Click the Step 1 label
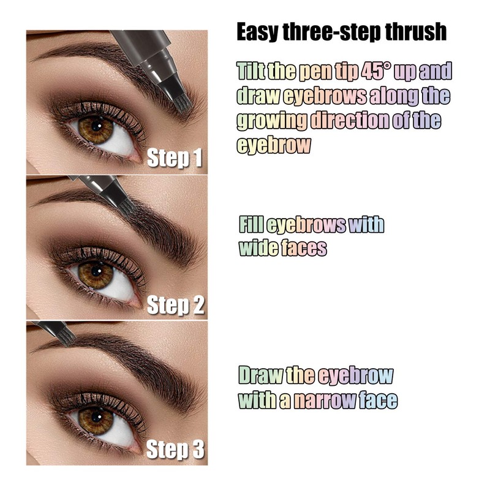pos(175,158)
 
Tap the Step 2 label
pos(175,304)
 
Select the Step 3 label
pos(175,450)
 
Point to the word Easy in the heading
pos(258,32)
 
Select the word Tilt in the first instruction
pos(252,71)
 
